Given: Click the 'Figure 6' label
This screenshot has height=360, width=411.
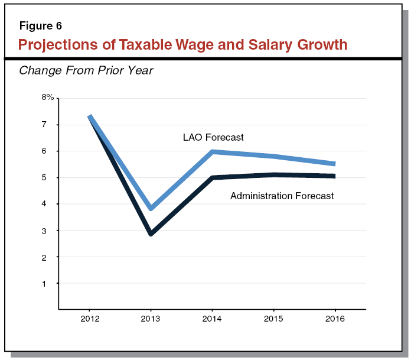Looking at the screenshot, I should [x=40, y=26].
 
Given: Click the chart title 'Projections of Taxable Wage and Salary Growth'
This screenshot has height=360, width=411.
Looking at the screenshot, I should [x=182, y=44].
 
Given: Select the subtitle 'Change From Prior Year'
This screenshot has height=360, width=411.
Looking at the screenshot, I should [x=86, y=71].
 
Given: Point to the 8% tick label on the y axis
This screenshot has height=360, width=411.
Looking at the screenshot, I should [x=47, y=98].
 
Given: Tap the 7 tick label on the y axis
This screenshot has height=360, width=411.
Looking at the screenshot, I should [x=44, y=125].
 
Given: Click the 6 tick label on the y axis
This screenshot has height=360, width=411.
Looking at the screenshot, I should [x=44, y=151].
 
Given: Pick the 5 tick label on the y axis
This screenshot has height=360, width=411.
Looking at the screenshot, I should [x=44, y=177].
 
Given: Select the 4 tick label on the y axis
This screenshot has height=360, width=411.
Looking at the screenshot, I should [x=44, y=204].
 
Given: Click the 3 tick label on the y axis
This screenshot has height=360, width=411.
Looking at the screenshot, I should [x=44, y=231].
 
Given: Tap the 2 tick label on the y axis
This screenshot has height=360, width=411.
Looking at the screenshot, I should [x=44, y=257].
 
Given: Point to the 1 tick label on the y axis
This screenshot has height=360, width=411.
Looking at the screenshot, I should [x=44, y=283].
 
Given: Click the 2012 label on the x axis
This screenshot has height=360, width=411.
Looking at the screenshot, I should [x=89, y=319].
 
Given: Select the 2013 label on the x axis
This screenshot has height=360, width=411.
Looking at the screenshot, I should [x=151, y=319].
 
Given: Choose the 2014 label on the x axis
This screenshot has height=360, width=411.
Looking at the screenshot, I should [x=212, y=319].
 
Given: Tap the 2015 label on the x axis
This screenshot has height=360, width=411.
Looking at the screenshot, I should [x=273, y=319].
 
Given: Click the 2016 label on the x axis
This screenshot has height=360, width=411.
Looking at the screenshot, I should [x=335, y=319].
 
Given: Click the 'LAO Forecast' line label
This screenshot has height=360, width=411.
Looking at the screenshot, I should [x=213, y=138].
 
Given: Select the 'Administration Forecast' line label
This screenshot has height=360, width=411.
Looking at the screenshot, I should [x=282, y=196].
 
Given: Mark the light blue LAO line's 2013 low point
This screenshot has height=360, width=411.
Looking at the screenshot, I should [x=151, y=208].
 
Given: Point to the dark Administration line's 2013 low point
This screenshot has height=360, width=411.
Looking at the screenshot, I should [x=151, y=233].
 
